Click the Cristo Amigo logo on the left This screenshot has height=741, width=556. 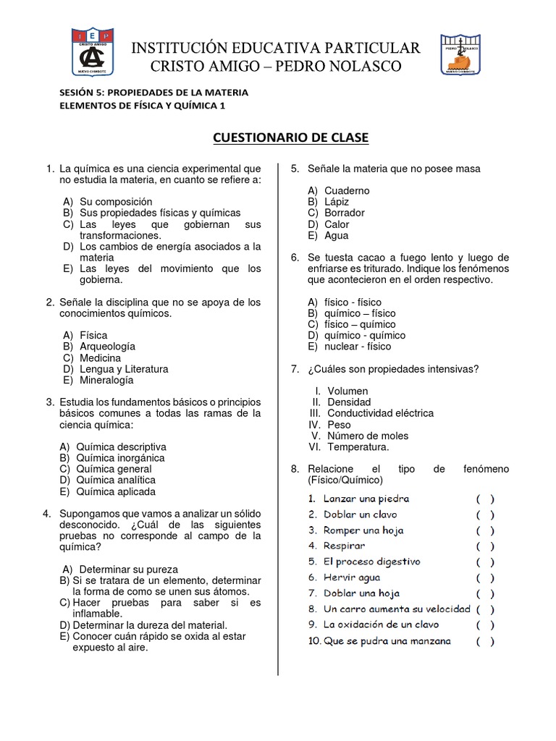92,53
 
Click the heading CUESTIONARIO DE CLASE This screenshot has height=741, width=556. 290,137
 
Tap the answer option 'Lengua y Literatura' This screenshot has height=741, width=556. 124,369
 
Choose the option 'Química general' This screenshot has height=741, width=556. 116,469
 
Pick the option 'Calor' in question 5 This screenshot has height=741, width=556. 337,224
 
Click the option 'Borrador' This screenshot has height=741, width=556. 345,213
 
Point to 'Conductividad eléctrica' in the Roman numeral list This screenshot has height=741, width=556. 381,413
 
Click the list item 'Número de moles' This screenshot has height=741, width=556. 368,436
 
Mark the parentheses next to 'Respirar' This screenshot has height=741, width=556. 485,546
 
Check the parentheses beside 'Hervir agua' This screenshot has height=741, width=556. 485,577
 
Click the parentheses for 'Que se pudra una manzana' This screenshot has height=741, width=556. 485,640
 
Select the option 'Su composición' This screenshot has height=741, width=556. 116,202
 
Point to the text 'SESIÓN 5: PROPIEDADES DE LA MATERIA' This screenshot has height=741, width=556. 153,93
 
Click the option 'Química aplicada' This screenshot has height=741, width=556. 117,491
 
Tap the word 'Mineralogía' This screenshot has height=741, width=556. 106,380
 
